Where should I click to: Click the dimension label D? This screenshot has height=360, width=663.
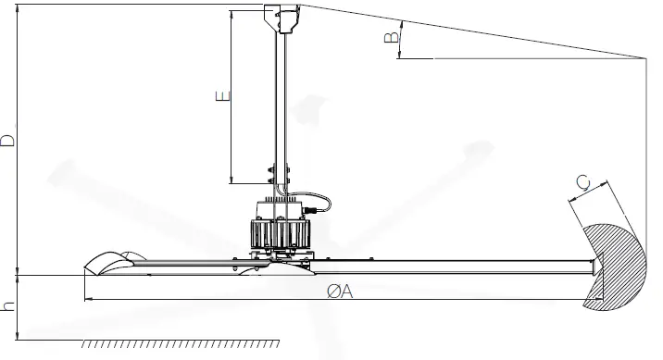[x=8, y=140]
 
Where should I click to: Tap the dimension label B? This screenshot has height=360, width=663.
[x=392, y=37]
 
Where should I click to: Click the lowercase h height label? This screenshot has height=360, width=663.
[x=8, y=305]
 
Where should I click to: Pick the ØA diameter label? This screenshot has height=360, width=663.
[x=340, y=291]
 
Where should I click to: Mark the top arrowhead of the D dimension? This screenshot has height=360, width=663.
[x=19, y=8]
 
